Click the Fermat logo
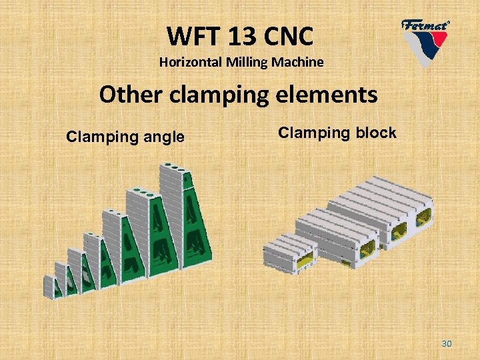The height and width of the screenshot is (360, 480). pyautogui.click(x=425, y=40)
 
